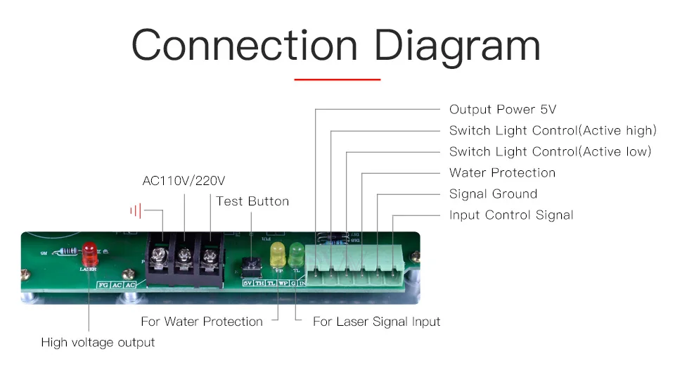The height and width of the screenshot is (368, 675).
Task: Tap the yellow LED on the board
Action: click(x=278, y=251)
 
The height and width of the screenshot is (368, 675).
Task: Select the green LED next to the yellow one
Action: click(x=296, y=251)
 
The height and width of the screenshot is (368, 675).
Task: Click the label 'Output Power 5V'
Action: click(x=503, y=110)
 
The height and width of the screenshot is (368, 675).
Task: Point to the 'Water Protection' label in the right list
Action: click(x=502, y=173)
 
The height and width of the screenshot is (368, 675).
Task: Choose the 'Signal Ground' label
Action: click(x=493, y=194)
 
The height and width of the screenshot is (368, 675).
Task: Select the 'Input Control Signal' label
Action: click(x=511, y=215)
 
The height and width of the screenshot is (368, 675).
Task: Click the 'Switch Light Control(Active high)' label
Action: click(x=553, y=131)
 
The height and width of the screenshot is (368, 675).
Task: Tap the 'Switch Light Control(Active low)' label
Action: click(x=550, y=152)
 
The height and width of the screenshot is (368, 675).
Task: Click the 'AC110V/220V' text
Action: click(x=184, y=181)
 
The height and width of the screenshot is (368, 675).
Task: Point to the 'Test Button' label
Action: click(x=252, y=201)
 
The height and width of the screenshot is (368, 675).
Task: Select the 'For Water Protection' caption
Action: click(x=202, y=322)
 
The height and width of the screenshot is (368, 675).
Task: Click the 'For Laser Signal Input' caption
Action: click(x=376, y=322)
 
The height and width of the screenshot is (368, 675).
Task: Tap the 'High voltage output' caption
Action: click(x=98, y=343)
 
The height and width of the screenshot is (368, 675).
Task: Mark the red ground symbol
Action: click(x=136, y=210)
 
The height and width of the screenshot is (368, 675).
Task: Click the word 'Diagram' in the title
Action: click(x=458, y=46)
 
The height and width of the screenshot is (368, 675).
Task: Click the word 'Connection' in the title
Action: click(x=244, y=46)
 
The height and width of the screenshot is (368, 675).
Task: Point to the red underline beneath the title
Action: click(x=337, y=80)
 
